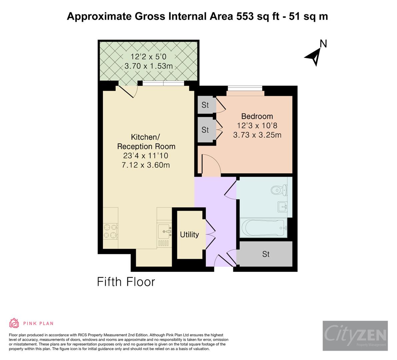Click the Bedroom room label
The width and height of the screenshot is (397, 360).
257,116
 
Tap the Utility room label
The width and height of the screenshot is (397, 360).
189,235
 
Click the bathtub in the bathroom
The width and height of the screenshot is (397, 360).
263,228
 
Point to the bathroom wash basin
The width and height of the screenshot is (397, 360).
283,207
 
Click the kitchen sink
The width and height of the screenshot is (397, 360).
164,230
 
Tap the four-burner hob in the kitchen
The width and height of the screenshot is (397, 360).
111,231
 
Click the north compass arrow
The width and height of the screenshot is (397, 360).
314,55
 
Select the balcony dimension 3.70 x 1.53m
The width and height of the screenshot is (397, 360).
149,66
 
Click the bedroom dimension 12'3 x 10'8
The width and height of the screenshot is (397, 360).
257,126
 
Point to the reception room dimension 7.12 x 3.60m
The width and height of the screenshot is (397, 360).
146,165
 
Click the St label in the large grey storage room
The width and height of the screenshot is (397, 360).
266,254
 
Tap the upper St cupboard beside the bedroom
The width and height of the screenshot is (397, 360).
205,105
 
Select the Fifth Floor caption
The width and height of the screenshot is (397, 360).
126,282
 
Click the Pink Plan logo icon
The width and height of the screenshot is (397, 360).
14,323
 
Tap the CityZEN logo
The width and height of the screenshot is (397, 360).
355,336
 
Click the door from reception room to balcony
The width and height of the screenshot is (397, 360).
127,91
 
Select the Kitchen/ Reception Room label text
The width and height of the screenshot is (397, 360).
146,142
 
